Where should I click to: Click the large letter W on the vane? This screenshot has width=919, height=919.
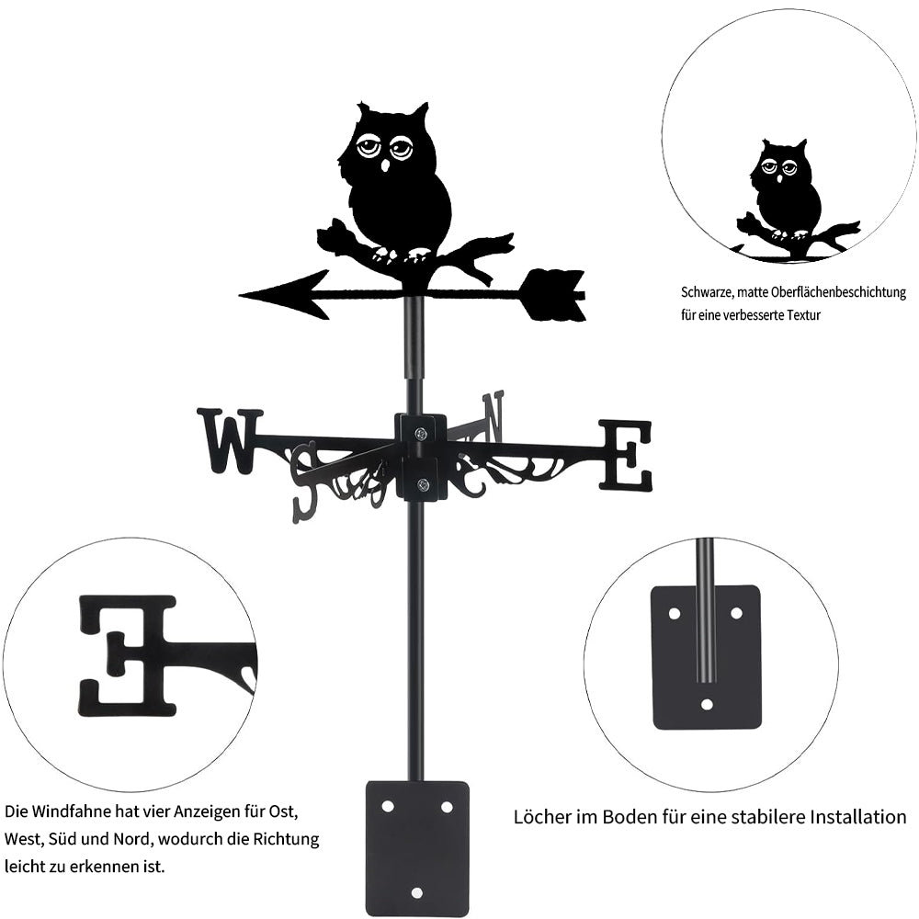coord(229,440)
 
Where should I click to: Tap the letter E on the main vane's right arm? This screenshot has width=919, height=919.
coord(626,454)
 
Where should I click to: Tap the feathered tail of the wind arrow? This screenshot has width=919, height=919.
coord(554,295)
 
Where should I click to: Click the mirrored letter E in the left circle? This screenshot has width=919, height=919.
coord(129,654)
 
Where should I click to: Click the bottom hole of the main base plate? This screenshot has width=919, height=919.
coord(416,891)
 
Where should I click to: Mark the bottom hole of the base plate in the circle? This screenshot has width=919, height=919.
coord(706,705)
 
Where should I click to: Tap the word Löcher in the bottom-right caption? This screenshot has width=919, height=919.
coord(541,817)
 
